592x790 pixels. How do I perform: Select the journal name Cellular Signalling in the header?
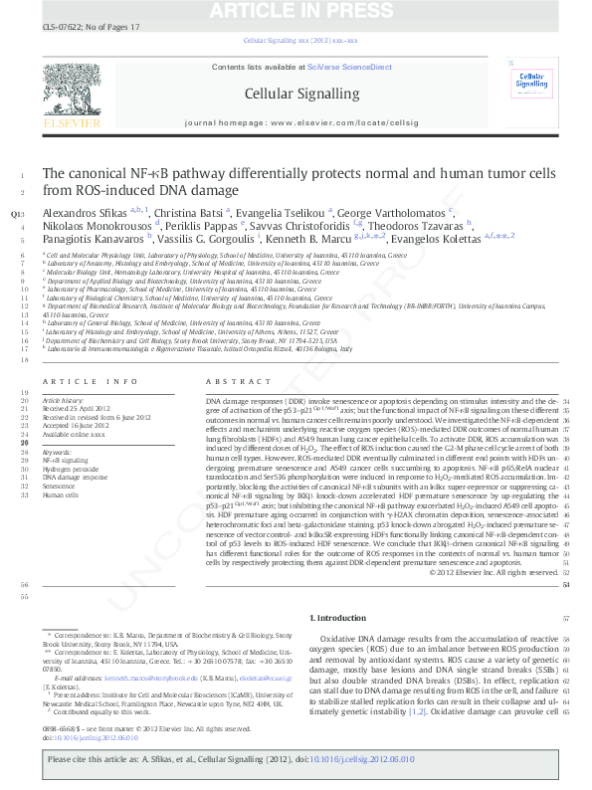coord(295,94)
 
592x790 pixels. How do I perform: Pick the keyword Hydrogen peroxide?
coord(72,470)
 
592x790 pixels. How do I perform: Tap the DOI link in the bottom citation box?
coord(386,759)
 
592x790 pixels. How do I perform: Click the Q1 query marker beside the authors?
coord(14,213)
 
